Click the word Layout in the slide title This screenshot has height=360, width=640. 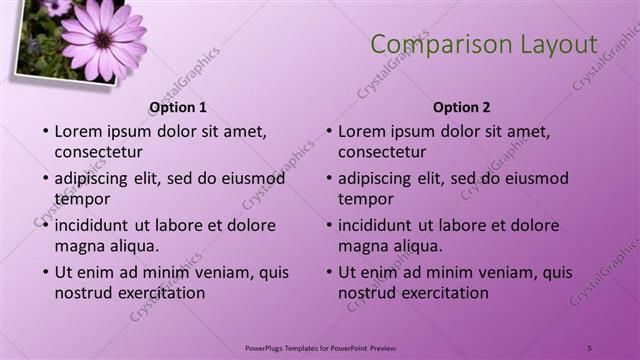tap(555, 44)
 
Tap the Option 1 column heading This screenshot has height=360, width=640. tap(178, 107)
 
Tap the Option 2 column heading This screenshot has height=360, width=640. tap(462, 107)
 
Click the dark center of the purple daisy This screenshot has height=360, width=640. tap(103, 39)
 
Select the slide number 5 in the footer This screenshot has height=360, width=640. tap(589, 346)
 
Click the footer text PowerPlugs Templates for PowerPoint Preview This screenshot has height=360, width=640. tap(319, 346)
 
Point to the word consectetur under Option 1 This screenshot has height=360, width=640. tap(98, 152)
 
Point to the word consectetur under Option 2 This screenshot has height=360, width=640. tap(382, 152)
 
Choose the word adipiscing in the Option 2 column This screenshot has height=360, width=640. tap(374, 178)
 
